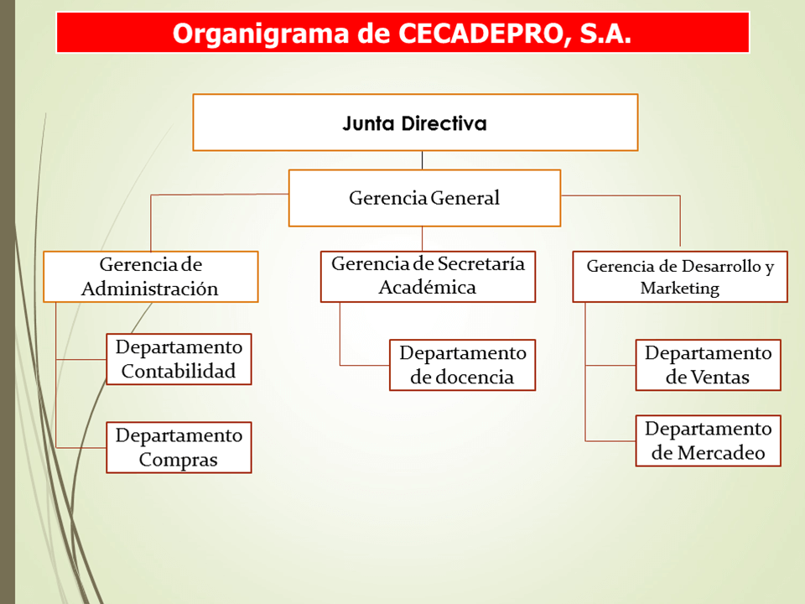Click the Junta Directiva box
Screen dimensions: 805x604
point(415,122)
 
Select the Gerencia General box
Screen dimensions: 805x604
point(424,198)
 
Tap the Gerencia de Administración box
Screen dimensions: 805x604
point(150,276)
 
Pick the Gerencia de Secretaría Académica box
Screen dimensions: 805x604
point(428,276)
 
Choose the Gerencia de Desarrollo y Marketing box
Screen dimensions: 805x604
point(680,276)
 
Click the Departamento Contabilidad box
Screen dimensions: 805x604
point(179,359)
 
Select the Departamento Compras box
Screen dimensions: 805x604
point(179,447)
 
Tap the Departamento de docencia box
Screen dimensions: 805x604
point(462,365)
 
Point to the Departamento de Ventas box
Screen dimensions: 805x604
point(708,365)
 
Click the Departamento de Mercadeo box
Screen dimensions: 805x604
point(708,440)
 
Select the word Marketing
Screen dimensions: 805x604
point(680,288)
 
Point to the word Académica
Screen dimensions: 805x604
point(427,287)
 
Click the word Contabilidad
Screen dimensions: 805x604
point(178,371)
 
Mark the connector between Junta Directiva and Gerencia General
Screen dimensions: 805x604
point(422,160)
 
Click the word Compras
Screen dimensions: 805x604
point(178,460)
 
